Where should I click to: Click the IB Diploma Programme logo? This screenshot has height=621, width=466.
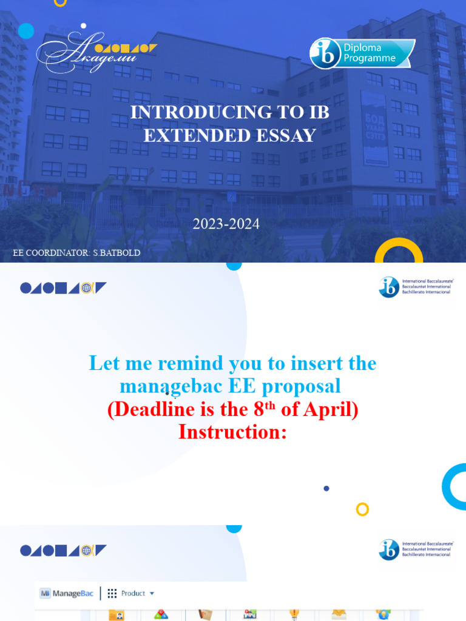coord(362,53)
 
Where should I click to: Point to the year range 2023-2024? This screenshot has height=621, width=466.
coord(226,224)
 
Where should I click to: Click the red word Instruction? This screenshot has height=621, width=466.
coord(232,432)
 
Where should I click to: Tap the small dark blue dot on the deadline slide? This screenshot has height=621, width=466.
coord(326,488)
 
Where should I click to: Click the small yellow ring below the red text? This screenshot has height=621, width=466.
coord(362,509)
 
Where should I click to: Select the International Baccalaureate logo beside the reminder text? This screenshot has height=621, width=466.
coord(416,287)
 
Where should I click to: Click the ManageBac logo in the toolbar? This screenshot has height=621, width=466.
coord(67,593)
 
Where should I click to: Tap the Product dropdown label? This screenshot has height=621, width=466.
coord(134,593)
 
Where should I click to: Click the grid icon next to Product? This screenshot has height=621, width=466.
coord(112,593)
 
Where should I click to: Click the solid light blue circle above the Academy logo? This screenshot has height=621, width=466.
coord(26,30)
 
